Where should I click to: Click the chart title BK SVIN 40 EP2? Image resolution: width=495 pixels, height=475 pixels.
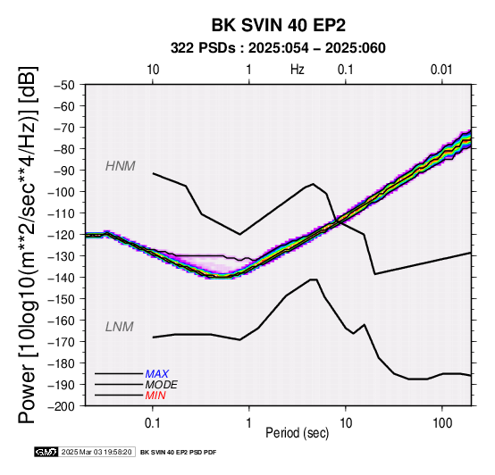click(279, 25)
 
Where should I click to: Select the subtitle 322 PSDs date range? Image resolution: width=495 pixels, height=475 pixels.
click(278, 48)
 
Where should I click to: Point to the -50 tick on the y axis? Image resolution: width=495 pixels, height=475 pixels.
click(64, 85)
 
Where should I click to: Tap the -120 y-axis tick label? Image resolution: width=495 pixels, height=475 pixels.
click(62, 235)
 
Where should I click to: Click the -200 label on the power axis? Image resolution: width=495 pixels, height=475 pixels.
click(62, 406)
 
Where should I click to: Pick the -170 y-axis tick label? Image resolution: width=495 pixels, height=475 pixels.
click(62, 342)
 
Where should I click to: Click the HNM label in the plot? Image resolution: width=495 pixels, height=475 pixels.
click(121, 166)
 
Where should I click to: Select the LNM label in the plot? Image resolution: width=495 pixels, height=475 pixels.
click(120, 327)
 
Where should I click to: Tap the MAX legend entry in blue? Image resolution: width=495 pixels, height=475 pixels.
click(157, 374)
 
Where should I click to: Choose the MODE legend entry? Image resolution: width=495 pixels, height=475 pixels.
click(162, 385)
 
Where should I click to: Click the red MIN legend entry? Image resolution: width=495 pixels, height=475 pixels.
click(155, 396)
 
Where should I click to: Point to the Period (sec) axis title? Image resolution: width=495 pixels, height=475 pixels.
click(298, 433)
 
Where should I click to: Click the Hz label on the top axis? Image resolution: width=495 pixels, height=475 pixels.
click(298, 70)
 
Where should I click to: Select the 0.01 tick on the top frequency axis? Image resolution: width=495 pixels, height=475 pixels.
click(441, 70)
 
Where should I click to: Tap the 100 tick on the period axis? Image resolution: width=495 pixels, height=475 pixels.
click(442, 423)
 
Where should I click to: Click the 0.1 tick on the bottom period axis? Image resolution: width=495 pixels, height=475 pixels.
click(153, 423)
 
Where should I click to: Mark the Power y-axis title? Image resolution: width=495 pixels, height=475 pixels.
click(28, 246)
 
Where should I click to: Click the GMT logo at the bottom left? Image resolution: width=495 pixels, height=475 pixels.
click(46, 452)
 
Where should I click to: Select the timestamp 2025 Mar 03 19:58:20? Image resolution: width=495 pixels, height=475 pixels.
click(96, 452)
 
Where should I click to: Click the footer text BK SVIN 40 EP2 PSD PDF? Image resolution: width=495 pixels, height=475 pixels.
click(179, 453)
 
